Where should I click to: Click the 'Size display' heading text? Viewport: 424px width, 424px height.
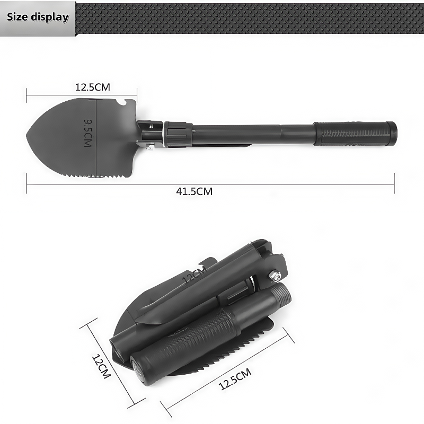[x=38, y=17]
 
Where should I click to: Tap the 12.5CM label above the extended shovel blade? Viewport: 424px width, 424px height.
[x=92, y=87]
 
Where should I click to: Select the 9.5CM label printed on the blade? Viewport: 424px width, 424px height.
[x=87, y=132]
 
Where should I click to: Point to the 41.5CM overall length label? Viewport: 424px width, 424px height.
[x=194, y=191]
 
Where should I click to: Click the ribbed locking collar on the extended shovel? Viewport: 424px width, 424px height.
[x=178, y=134]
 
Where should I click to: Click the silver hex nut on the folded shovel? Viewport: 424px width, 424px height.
[x=276, y=275]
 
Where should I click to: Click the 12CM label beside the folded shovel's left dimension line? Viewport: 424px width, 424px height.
[x=100, y=366]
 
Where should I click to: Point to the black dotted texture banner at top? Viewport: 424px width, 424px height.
[x=249, y=19]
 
